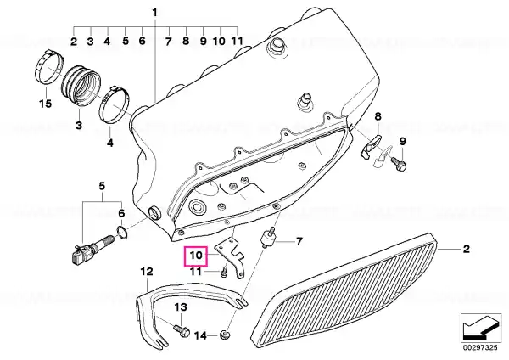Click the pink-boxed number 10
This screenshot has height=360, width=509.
pos(196,256)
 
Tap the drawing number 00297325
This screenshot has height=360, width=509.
pos(480,348)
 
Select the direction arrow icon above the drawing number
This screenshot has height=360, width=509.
pos(480,328)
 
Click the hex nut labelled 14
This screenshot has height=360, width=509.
pos(224,335)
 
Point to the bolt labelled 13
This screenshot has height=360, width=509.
pos(182,329)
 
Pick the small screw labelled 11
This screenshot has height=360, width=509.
pos(224,272)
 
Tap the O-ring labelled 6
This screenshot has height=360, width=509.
pos(121,233)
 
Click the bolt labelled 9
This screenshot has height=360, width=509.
pos(399,163)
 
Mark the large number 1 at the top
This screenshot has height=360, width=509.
pos(154,13)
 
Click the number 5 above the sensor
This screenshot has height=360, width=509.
pos(102,186)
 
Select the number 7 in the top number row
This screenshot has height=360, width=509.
pos(168,42)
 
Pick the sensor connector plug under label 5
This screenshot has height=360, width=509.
pos(77,255)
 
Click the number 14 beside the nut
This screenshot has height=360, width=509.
pos(200,335)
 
